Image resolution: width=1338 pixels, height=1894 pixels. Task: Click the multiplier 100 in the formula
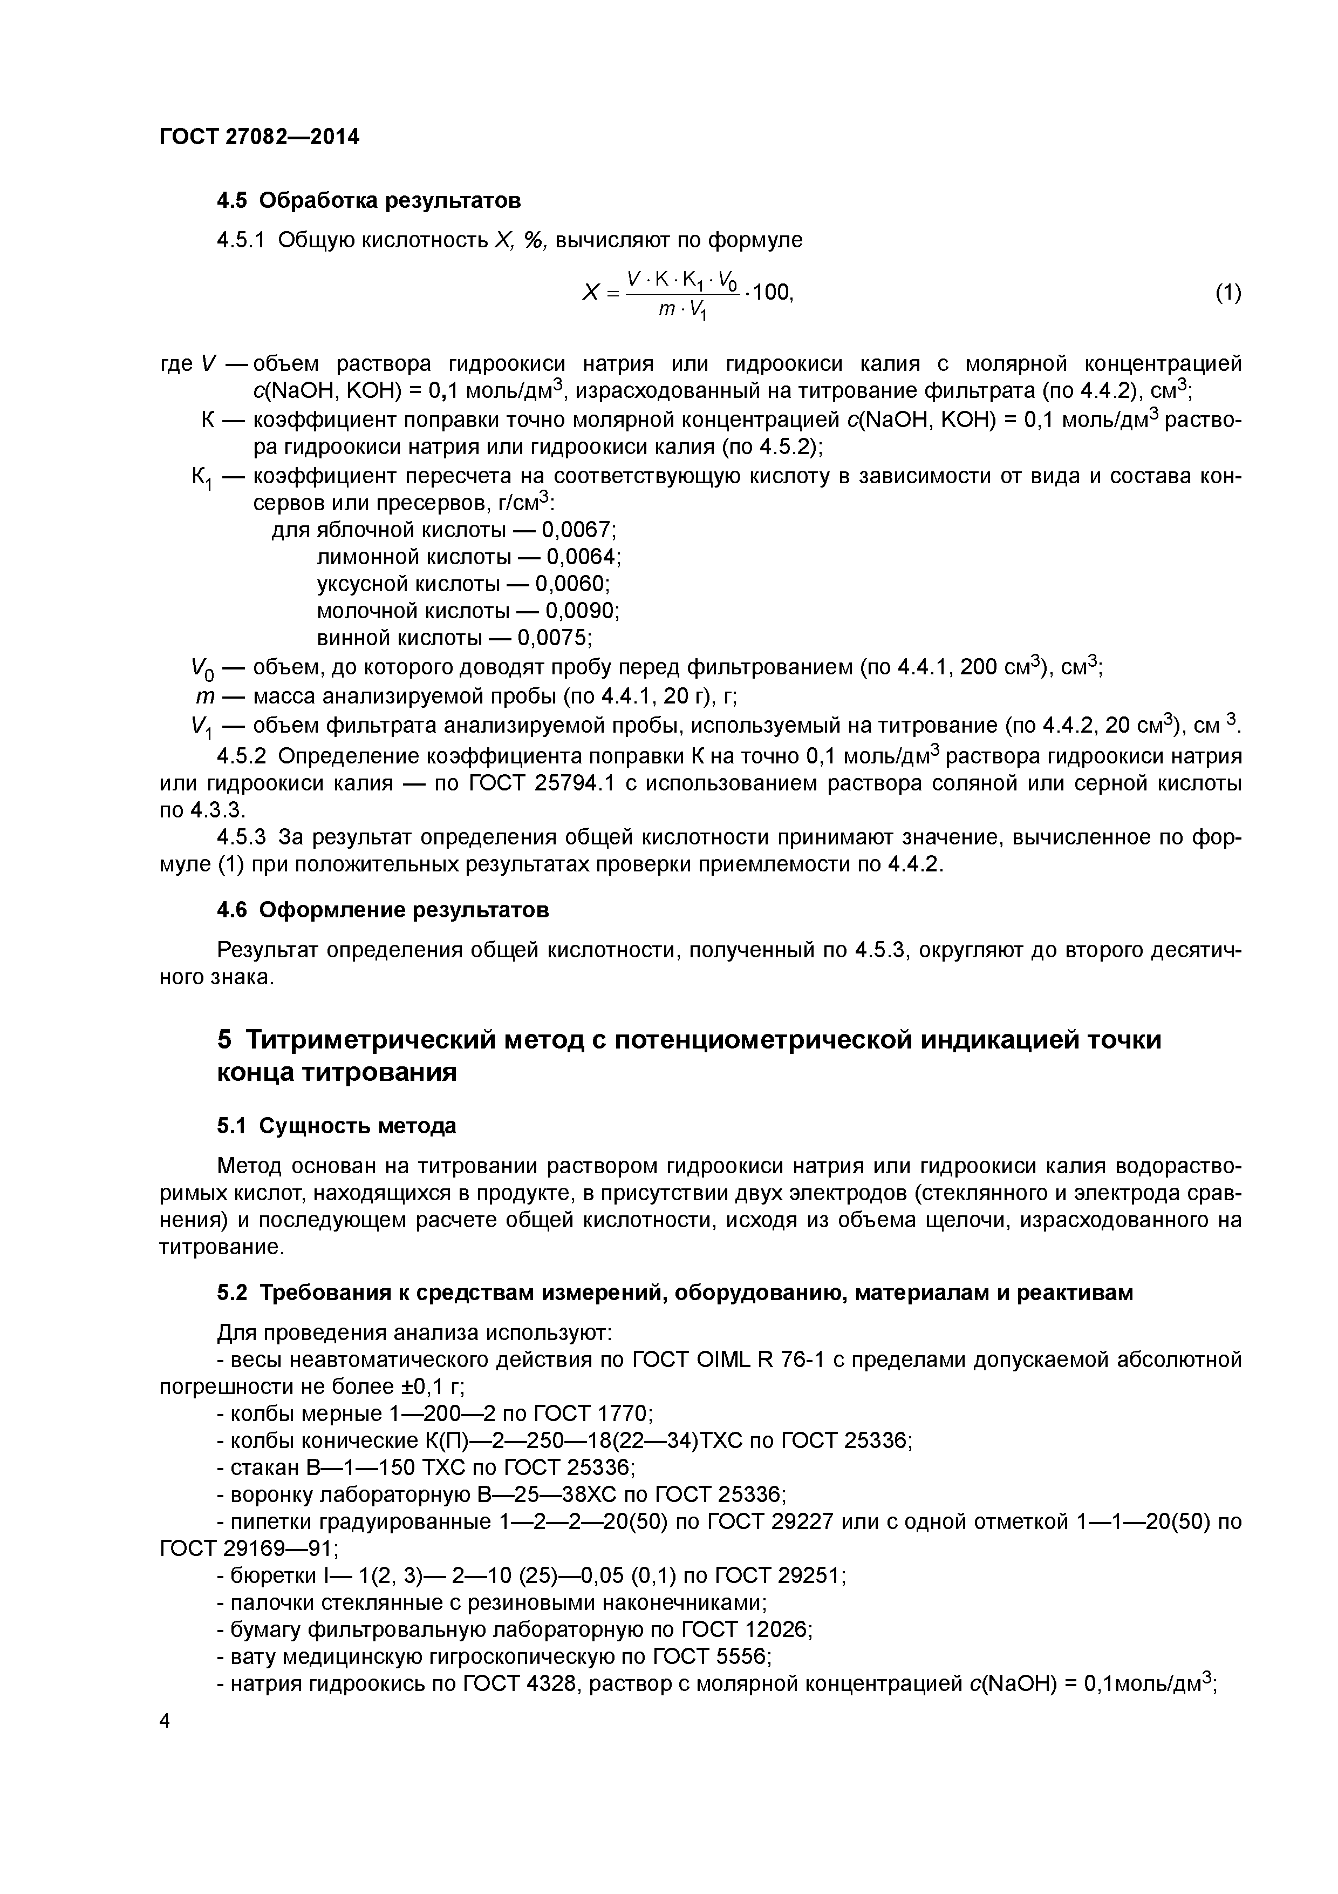[773, 292]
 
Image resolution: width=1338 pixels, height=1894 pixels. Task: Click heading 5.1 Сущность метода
[336, 1126]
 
